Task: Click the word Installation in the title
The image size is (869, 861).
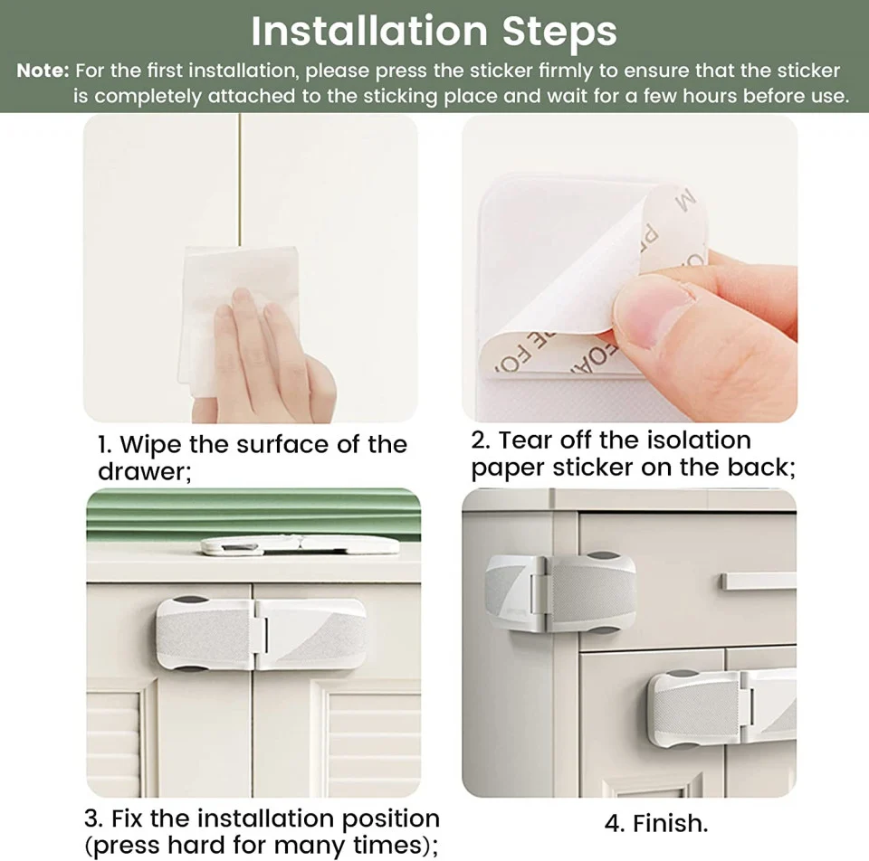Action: pos(369,31)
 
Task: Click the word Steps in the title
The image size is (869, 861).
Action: pos(559,33)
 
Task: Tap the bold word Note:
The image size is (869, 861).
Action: pos(43,71)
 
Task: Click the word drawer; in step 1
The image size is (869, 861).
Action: pos(145,471)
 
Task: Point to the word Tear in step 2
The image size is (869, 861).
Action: pos(524,440)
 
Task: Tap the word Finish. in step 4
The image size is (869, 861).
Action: pos(671,823)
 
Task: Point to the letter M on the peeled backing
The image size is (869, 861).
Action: pos(686,201)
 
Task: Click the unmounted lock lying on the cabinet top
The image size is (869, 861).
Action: pos(300,545)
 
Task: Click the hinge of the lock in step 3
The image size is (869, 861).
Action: pos(261,634)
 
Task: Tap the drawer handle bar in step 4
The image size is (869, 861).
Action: pos(759,582)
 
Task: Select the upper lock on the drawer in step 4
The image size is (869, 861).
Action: pos(560,592)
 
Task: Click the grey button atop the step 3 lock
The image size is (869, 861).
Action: pos(190,601)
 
